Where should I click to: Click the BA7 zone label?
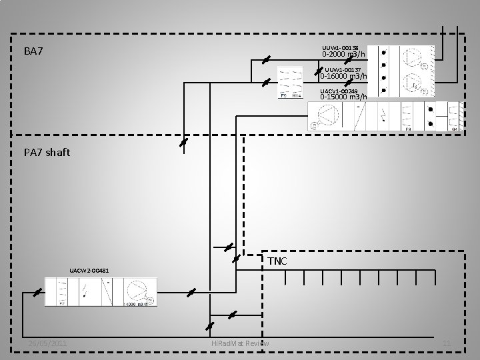pyautogui.click(x=33, y=51)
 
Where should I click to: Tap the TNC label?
pyautogui.click(x=277, y=261)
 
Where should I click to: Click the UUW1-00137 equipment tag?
pyautogui.click(x=343, y=69)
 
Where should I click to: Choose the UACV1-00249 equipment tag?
pyautogui.click(x=339, y=91)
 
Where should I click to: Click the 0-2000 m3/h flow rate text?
pyautogui.click(x=345, y=55)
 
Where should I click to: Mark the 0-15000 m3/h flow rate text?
pyautogui.click(x=343, y=97)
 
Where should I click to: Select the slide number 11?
pyautogui.click(x=447, y=343)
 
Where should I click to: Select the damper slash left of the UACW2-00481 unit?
pyautogui.click(x=38, y=293)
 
